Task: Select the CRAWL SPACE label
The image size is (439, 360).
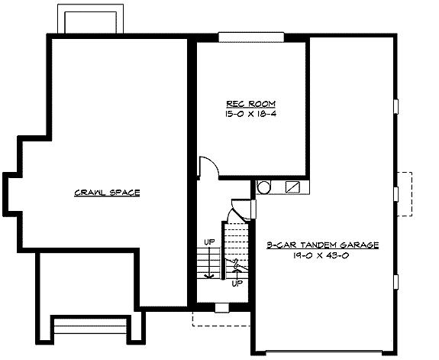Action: tap(107, 193)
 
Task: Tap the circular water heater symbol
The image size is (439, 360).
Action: tap(263, 186)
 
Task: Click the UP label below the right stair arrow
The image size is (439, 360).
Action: tap(237, 282)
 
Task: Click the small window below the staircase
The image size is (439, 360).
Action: tap(221, 308)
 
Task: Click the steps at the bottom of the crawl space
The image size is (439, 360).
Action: tap(89, 327)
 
